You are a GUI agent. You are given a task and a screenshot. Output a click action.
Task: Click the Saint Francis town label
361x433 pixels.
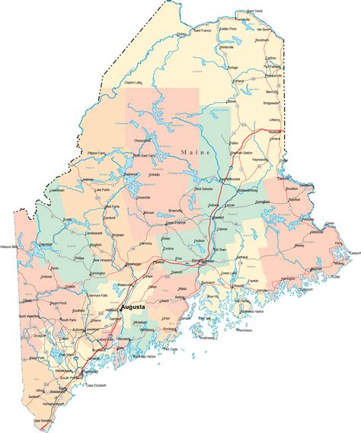[202, 31]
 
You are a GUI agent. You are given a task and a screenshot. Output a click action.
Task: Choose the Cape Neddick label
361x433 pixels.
[44, 420]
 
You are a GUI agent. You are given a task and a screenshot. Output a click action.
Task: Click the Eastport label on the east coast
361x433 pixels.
[353, 252]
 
